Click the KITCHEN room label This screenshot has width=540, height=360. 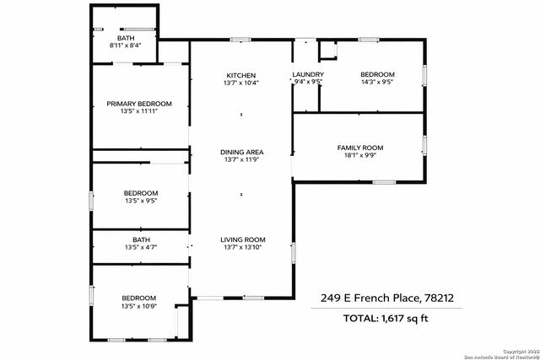pos(242,74)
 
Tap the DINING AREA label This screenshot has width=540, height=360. pos(242,152)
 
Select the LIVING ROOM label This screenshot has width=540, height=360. pos(242,239)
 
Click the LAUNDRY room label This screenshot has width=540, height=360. pos(308,74)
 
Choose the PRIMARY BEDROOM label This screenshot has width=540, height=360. pos(139,104)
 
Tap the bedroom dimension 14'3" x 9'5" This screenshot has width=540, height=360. pos(377,83)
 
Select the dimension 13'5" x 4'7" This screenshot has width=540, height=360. pos(140,247)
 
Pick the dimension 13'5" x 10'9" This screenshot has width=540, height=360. pos(138,306)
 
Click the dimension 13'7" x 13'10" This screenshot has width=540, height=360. pos(242,247)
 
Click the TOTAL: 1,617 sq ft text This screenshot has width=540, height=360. pos(386,318)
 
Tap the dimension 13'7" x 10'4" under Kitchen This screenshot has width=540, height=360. pos(242,83)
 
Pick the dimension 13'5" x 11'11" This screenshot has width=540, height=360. pos(139,112)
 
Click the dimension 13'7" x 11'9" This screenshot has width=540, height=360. pos(242,160)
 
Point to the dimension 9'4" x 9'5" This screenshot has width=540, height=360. pos(308,83)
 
